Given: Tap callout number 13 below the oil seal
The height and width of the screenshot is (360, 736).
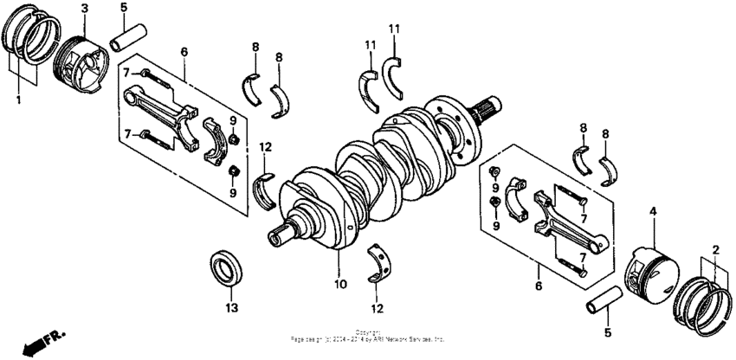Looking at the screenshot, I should click(229, 307).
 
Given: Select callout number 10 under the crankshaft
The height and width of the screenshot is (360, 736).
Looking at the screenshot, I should click(340, 284).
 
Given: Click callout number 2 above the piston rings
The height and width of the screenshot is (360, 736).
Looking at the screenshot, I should click(715, 250).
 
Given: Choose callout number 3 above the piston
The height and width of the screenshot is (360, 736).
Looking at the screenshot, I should click(85, 9).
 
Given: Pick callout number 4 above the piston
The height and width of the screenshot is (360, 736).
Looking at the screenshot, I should click(653, 210).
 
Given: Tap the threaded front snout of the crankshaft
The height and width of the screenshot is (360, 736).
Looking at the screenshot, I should click(287, 231).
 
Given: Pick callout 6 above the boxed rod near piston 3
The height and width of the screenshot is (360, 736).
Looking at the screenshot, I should click(184, 52).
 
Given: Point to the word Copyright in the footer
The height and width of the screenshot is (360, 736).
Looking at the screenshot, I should click(367, 332).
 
